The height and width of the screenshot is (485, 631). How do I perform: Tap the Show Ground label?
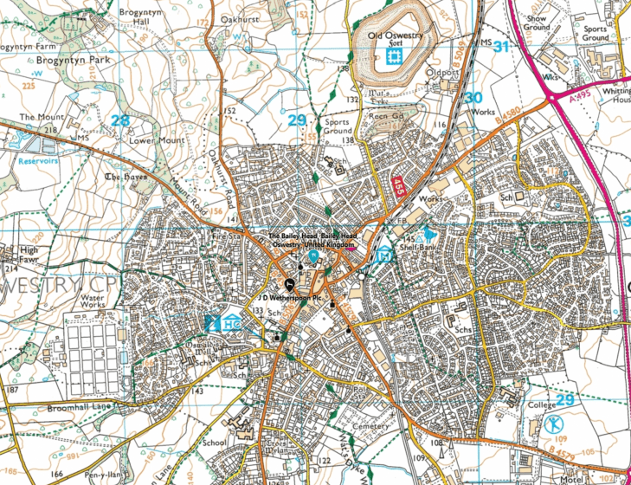[x=538, y=22]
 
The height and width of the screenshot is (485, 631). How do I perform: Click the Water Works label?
[x=93, y=303]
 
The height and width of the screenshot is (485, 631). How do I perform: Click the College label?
[x=541, y=404]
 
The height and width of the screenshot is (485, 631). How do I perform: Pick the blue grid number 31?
[x=499, y=46]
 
